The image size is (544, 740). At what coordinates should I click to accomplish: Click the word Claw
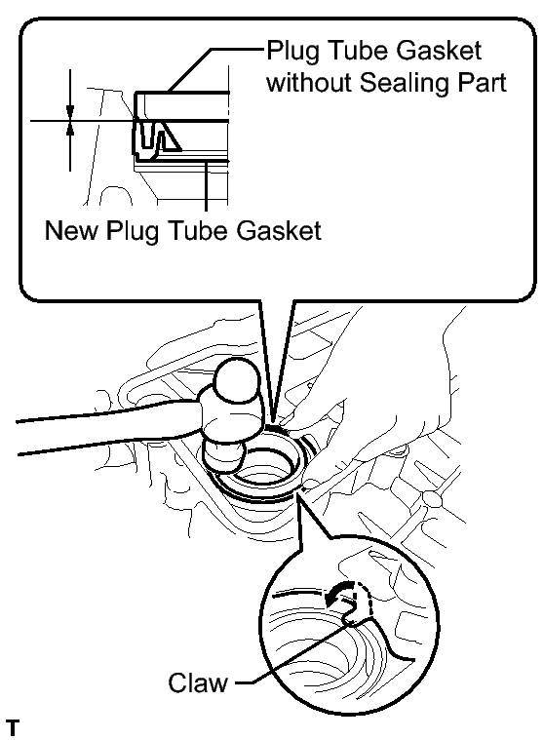pos(198,682)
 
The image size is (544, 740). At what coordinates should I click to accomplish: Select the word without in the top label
pos(309,83)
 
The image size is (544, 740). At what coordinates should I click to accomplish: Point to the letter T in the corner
pos(13,727)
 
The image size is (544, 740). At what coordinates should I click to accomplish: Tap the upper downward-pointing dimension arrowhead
pos(70,111)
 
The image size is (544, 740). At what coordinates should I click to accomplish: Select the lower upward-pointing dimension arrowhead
pos(70,130)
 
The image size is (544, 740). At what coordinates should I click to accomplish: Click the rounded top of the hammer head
pos(237,382)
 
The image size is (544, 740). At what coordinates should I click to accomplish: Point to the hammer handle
pos(108,427)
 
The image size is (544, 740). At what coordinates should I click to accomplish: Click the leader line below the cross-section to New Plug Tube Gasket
pos(206,185)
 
